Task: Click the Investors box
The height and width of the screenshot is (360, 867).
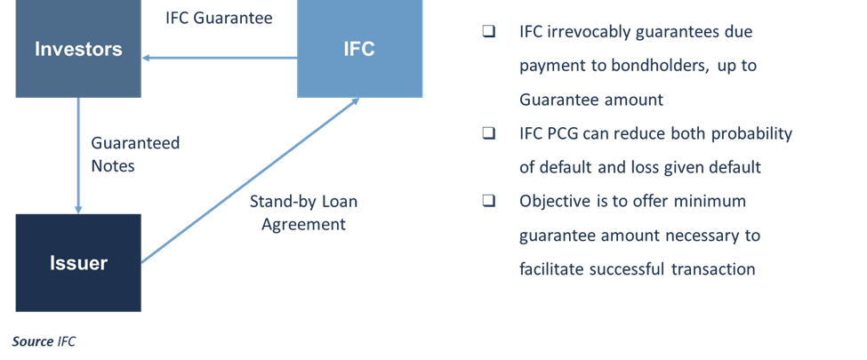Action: point(78,50)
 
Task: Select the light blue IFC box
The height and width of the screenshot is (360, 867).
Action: point(360,50)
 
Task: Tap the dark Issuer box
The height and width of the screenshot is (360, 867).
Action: point(78,262)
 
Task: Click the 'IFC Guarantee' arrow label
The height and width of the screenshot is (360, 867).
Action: point(219,17)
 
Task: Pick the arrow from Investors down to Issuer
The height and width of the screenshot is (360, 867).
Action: point(78,156)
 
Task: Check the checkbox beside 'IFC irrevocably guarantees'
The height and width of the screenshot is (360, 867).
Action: point(488,31)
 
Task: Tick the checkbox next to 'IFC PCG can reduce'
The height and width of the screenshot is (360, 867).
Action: point(488,132)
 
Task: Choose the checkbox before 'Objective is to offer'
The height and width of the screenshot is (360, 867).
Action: point(488,200)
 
